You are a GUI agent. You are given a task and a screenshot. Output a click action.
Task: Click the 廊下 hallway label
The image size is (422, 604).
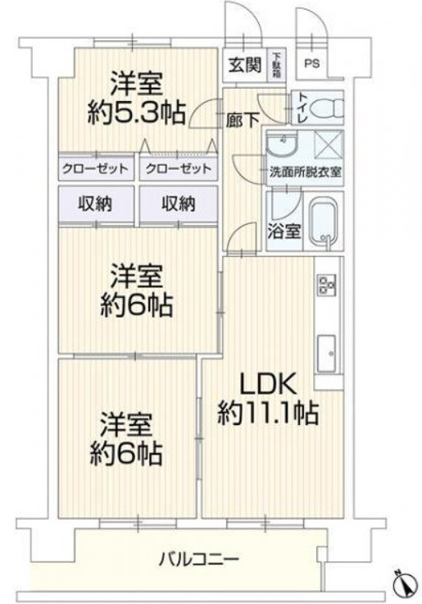pyautogui.click(x=243, y=118)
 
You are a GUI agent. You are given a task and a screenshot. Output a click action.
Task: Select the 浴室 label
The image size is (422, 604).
pyautogui.click(x=283, y=231)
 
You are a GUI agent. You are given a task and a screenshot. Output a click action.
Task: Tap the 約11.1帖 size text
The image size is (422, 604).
pyautogui.click(x=268, y=412)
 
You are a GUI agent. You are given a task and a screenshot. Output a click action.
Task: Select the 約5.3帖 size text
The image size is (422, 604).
pyautogui.click(x=136, y=112)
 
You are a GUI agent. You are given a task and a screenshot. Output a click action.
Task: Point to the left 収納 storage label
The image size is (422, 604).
pyautogui.click(x=95, y=203)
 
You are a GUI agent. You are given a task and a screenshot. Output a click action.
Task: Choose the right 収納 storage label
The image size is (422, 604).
pyautogui.click(x=178, y=203)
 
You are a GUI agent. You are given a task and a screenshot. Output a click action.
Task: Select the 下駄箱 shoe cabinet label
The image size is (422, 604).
pyautogui.click(x=277, y=63)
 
